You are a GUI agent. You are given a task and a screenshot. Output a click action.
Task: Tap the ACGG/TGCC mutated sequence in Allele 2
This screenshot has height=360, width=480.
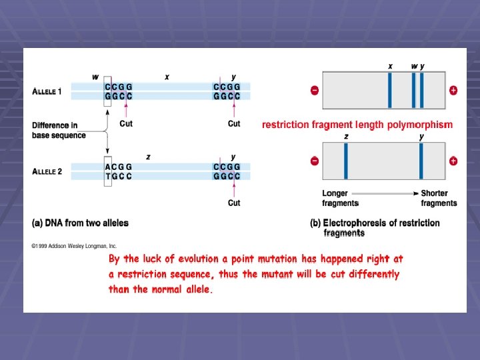click(x=118, y=171)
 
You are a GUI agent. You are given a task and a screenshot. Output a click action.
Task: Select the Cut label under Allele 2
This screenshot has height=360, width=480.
click(x=234, y=203)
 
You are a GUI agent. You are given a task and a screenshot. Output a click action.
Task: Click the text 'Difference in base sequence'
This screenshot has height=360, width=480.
click(x=59, y=130)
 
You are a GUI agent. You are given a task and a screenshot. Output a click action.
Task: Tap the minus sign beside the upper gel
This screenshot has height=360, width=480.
click(x=315, y=90)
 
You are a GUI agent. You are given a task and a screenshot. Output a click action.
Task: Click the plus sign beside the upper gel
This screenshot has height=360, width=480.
click(x=453, y=90)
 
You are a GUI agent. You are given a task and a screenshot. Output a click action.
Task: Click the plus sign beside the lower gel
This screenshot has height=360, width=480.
click(x=453, y=161)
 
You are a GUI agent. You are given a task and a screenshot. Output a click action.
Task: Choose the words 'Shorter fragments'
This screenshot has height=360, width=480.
click(x=439, y=198)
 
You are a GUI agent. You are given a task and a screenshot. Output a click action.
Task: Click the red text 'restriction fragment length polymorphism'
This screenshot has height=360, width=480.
click(x=357, y=125)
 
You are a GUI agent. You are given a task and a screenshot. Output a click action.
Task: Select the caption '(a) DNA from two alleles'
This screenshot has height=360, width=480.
click(x=80, y=223)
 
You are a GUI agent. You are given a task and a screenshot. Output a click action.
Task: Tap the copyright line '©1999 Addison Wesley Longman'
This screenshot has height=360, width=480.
click(x=74, y=245)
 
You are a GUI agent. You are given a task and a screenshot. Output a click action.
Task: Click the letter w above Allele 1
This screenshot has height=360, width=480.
click(x=95, y=77)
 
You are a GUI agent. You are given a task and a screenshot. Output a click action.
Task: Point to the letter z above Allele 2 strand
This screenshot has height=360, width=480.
click(x=148, y=157)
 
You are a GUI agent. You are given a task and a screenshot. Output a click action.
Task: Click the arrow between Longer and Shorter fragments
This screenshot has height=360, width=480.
click(x=389, y=193)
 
